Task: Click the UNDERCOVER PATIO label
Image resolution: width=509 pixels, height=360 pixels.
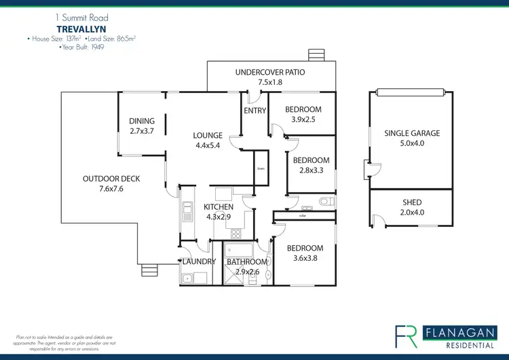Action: click(x=269, y=72)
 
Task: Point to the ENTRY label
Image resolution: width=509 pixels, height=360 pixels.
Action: click(x=254, y=110)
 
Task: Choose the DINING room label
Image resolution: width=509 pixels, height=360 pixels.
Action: click(x=142, y=122)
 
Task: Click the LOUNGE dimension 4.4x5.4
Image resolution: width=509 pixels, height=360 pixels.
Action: click(x=208, y=145)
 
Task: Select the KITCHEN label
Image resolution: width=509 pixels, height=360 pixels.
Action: click(x=219, y=207)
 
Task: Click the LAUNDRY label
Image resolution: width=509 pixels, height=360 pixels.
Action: click(x=199, y=262)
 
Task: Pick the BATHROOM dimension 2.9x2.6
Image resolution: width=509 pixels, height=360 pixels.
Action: click(x=247, y=272)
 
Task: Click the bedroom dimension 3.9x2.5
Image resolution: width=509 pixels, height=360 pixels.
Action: click(x=303, y=120)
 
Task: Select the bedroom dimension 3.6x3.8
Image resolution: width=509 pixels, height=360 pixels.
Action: click(x=304, y=259)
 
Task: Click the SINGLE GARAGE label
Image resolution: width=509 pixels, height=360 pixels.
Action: click(x=412, y=133)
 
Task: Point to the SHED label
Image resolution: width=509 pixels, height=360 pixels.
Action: click(x=412, y=202)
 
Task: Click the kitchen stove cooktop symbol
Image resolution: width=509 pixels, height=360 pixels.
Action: click(x=236, y=234)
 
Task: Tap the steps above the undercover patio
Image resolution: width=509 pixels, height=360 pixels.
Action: click(x=316, y=55)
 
